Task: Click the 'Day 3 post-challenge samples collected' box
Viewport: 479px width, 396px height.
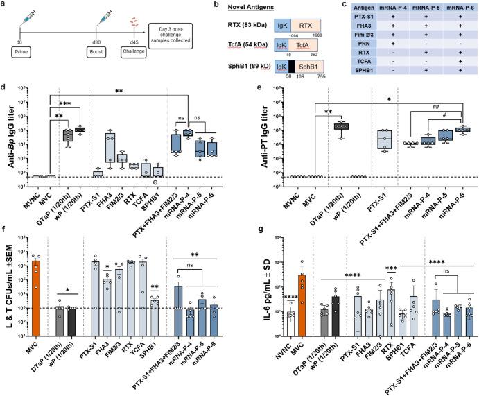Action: point(178,31)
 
